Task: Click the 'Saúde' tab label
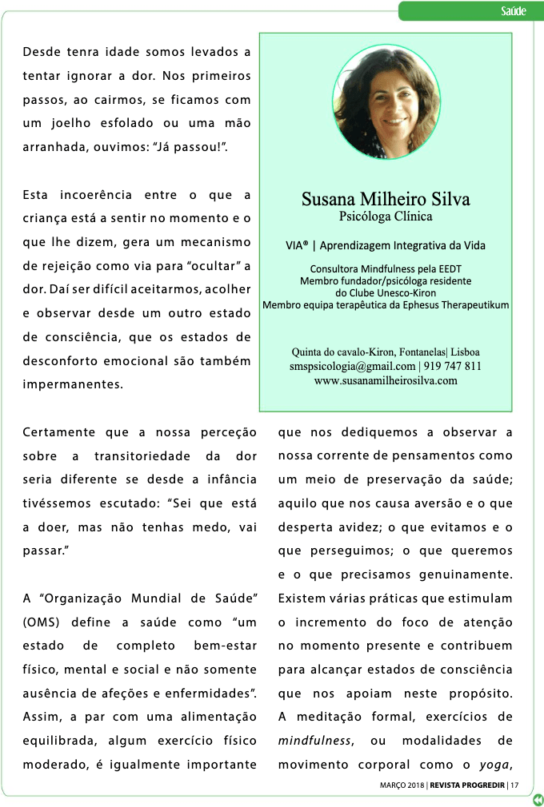point(513,10)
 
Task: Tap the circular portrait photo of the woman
point(386,101)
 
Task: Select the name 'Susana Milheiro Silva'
point(386,199)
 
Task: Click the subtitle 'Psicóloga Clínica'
point(386,216)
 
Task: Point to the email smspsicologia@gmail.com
point(352,366)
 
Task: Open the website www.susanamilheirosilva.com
point(386,380)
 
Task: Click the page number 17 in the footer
point(514,784)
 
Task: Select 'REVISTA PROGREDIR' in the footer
point(467,784)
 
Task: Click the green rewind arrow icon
point(538,798)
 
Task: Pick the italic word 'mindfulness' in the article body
point(315,741)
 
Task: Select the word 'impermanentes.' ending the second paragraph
point(73,384)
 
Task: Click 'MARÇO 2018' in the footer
point(402,784)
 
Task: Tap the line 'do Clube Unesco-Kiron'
point(386,292)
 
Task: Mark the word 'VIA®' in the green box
point(297,245)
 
